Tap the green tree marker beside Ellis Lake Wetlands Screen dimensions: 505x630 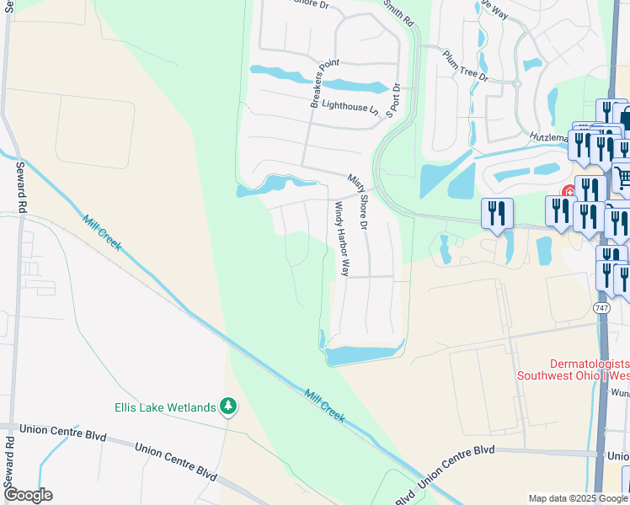(227, 407)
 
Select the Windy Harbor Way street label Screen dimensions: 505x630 (341, 240)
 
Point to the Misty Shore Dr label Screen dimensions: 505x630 (359, 202)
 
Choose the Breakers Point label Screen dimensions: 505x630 (324, 83)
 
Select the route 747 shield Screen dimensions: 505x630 (601, 308)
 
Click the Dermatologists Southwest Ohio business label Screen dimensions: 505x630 (572, 369)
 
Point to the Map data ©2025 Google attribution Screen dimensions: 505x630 (578, 497)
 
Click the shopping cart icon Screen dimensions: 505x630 (622, 178)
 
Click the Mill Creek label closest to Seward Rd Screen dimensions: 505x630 (102, 233)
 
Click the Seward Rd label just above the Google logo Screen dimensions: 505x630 (10, 462)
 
